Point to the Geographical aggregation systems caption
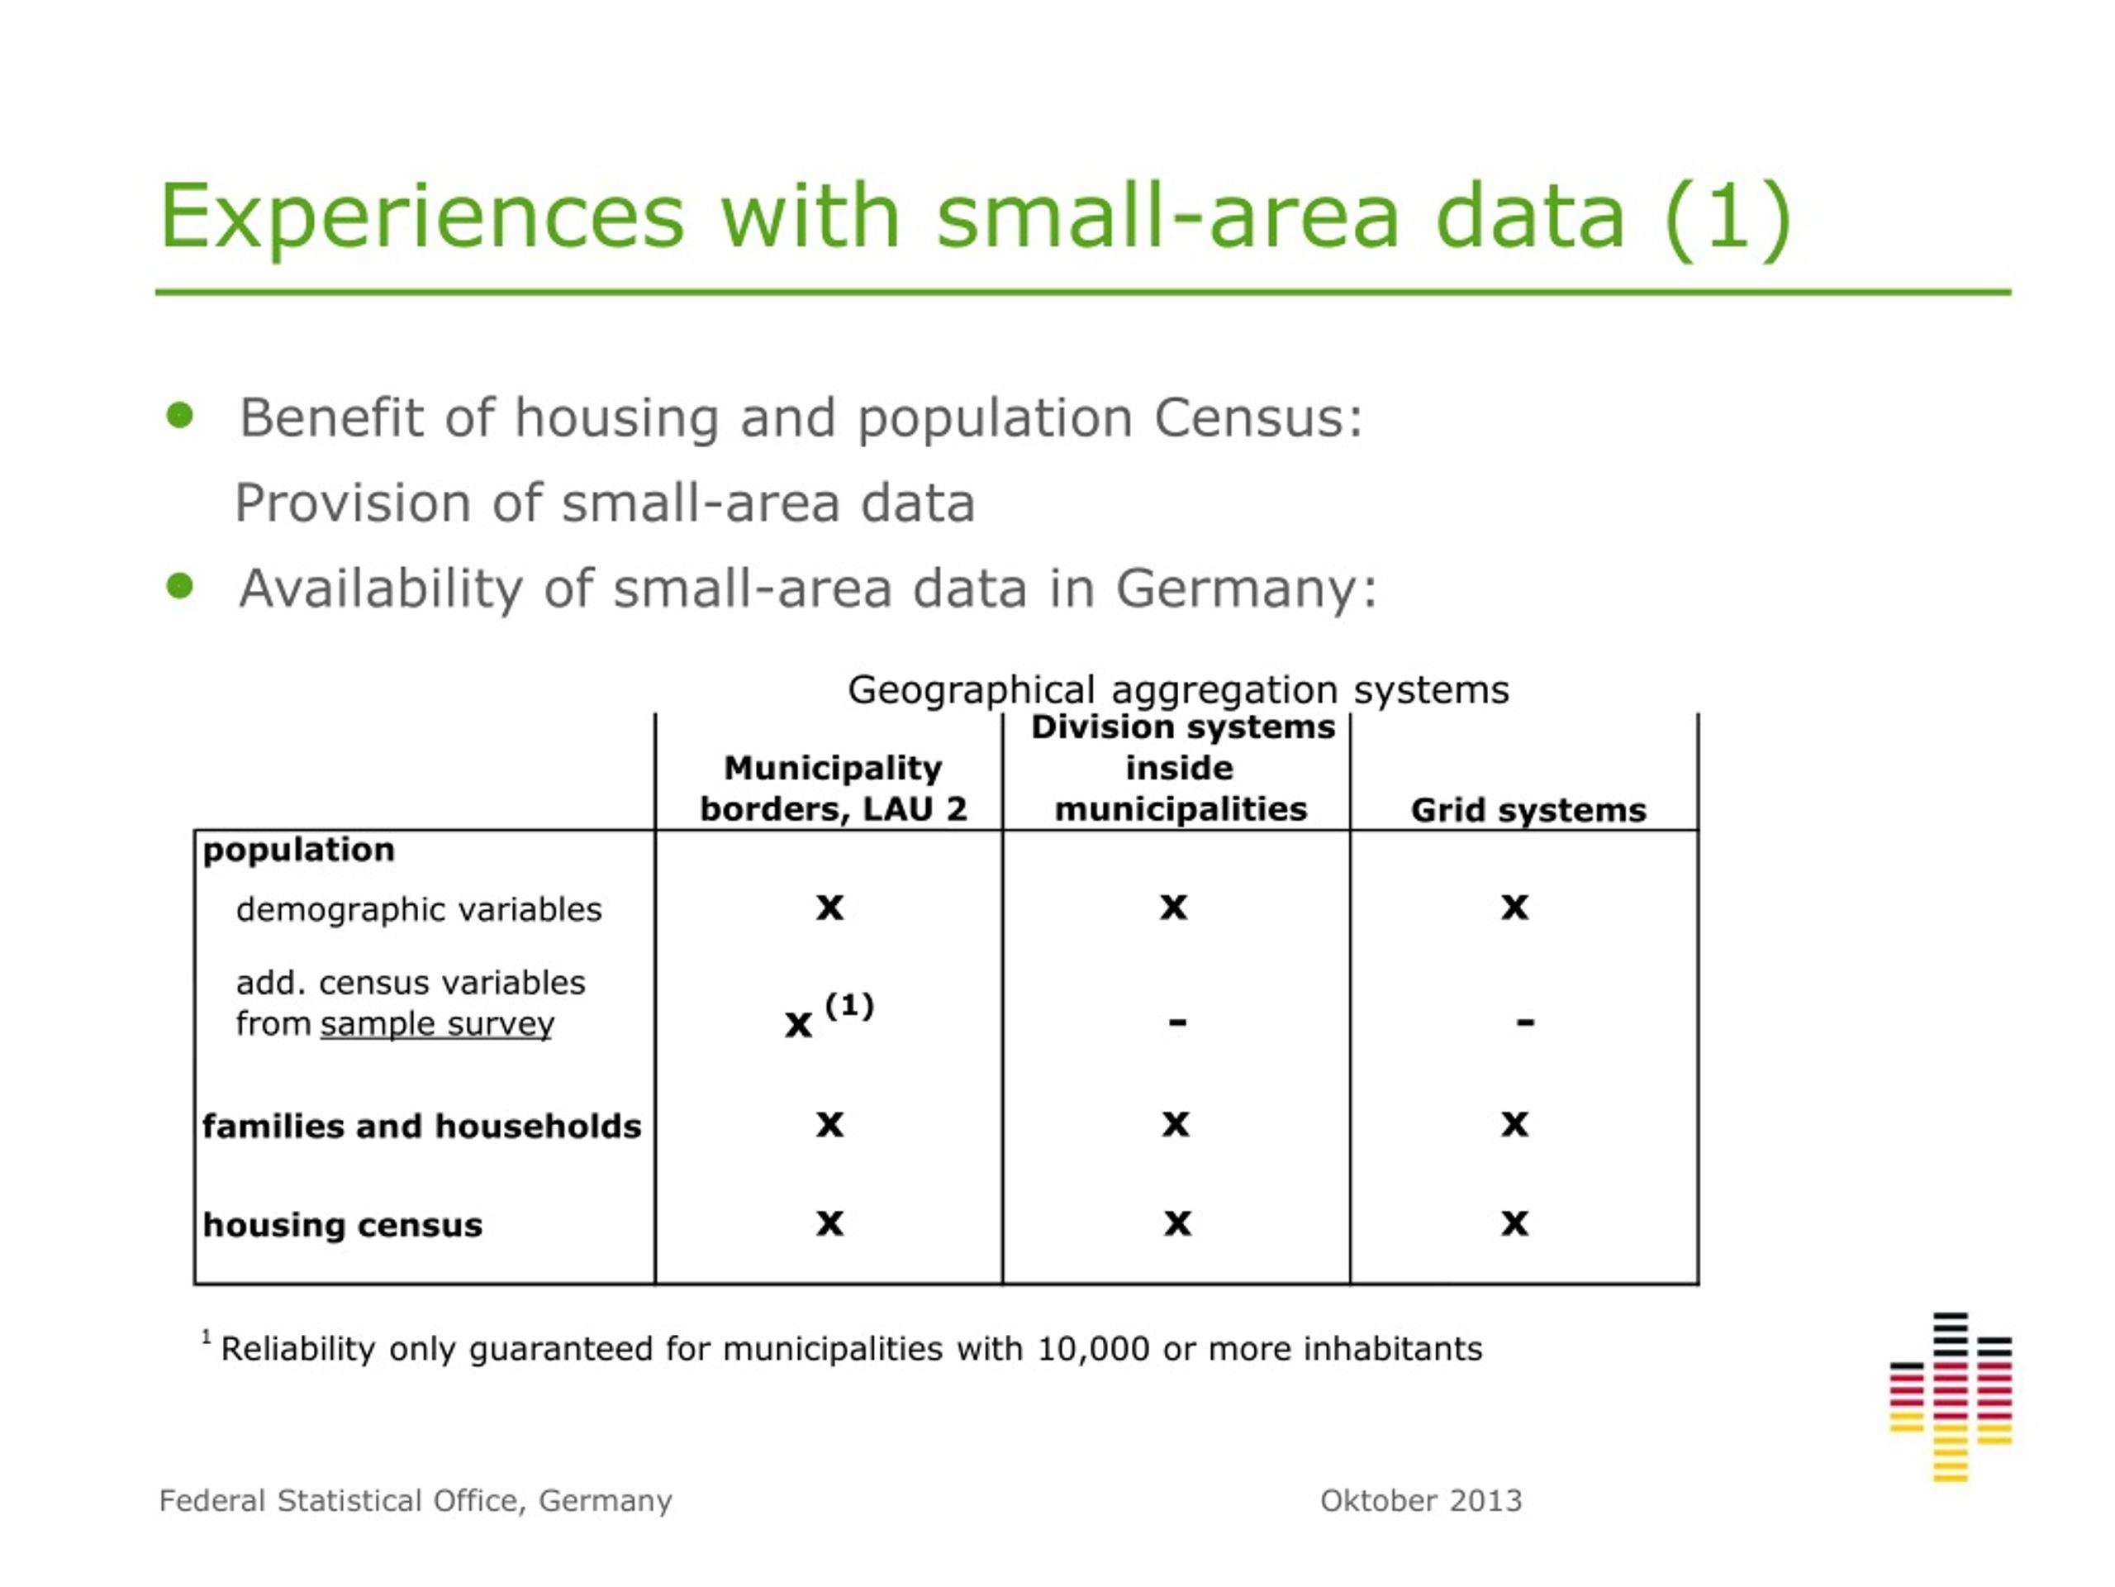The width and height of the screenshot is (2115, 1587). tap(1178, 689)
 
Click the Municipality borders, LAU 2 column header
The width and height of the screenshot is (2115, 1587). tap(833, 789)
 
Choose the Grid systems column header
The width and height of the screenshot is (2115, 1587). tap(1528, 810)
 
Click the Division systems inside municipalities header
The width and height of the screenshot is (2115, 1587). tap(1181, 768)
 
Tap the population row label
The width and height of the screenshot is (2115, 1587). tap(298, 850)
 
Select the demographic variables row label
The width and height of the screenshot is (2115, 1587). tap(419, 908)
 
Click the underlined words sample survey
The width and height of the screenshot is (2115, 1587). tap(437, 1024)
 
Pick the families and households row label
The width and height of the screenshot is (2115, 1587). tap(421, 1126)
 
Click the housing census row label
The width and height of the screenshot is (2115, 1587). tap(342, 1224)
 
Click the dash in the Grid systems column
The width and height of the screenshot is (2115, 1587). tap(1525, 1022)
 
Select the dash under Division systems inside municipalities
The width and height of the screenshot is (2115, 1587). tap(1177, 1022)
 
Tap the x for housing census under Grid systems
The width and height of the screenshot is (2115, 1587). tap(1514, 1223)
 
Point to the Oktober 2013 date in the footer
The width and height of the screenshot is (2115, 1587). tap(1421, 1500)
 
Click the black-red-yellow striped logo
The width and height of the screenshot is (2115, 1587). tap(1951, 1398)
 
